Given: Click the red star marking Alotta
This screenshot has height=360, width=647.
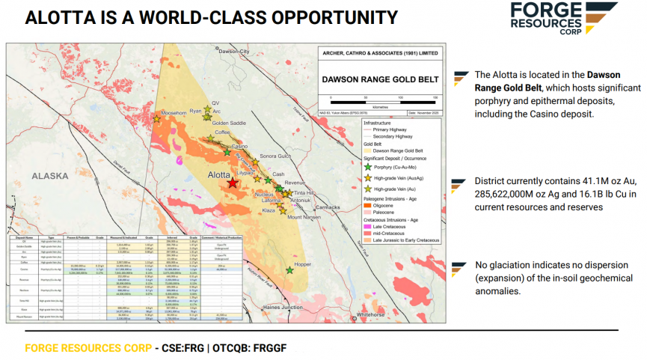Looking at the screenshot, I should (233, 183).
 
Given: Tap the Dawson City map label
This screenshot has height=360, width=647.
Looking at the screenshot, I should (233, 52).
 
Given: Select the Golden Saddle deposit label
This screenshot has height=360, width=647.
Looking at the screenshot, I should (229, 123).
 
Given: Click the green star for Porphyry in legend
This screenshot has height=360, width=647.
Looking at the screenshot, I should (367, 167).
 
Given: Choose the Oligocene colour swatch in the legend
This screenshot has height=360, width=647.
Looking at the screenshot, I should (367, 206).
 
